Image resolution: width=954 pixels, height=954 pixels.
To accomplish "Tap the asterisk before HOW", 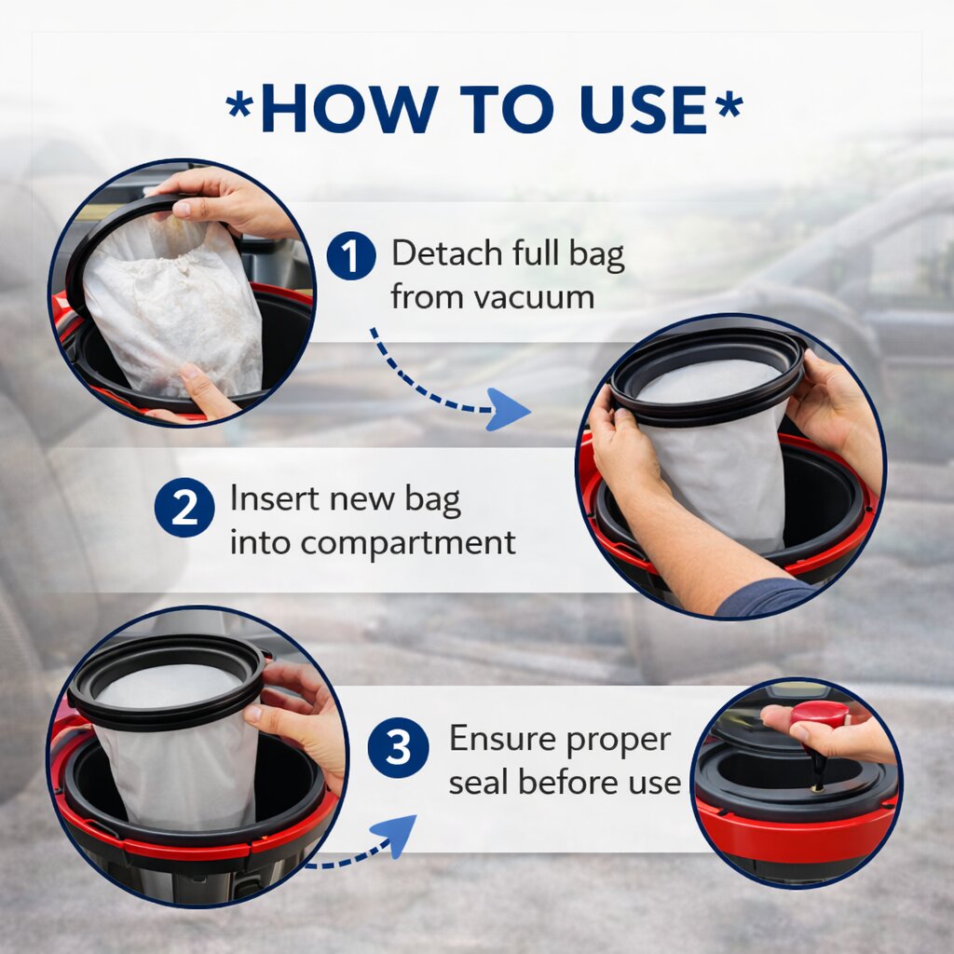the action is pyautogui.click(x=239, y=104).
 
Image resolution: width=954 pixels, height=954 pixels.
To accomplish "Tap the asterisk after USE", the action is pyautogui.click(x=729, y=104).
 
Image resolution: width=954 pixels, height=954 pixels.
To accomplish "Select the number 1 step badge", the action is pyautogui.click(x=351, y=255).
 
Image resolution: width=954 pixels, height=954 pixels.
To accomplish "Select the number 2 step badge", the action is pyautogui.click(x=184, y=508).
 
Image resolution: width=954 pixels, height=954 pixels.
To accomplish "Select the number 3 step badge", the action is pyautogui.click(x=398, y=747).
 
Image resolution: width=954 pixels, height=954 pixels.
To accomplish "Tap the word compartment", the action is pyautogui.click(x=408, y=543).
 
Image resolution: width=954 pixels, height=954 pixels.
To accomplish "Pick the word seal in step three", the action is pyautogui.click(x=478, y=782).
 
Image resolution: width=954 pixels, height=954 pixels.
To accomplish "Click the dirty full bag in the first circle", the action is pyautogui.click(x=172, y=307).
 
